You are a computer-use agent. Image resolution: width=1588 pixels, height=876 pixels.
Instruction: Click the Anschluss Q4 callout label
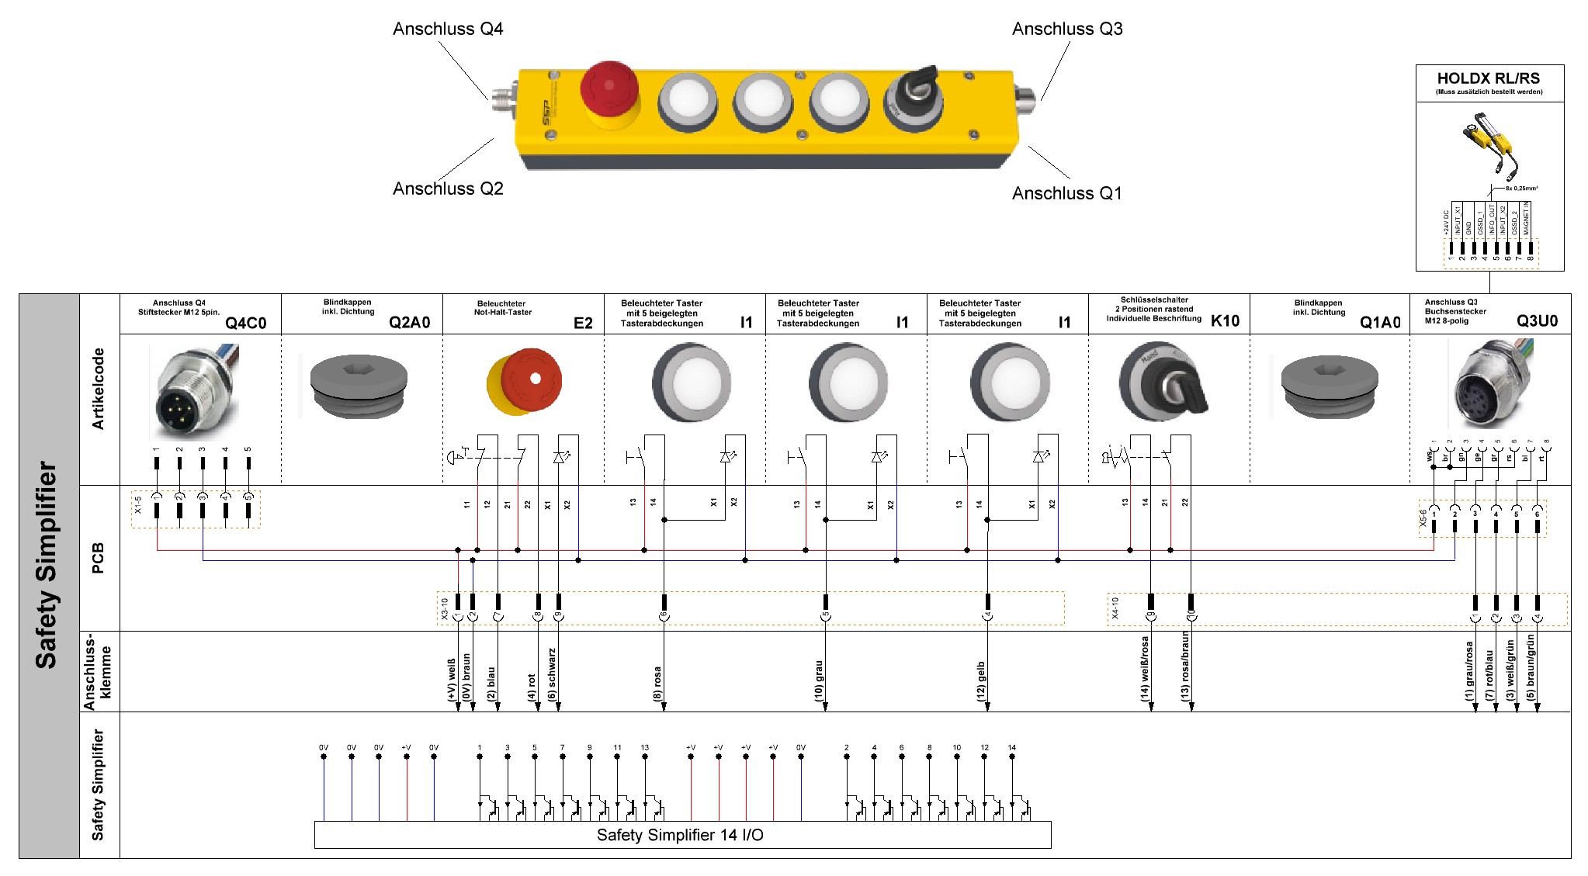coord(448,29)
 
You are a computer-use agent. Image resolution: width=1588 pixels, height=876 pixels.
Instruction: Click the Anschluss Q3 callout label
coord(1067,29)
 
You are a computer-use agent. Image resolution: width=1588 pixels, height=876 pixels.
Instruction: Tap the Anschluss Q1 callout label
coord(1066,193)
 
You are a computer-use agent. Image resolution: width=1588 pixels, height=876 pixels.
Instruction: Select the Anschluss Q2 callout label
coord(448,189)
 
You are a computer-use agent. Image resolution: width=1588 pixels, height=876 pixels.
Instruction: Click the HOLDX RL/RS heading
coord(1488,78)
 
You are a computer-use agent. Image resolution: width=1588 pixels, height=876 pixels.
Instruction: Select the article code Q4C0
coord(245,323)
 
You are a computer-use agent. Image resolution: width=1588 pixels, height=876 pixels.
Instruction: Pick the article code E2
coord(583,323)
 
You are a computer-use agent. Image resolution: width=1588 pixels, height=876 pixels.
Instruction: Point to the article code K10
coord(1225,321)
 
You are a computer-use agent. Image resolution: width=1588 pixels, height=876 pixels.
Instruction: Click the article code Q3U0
coord(1537,321)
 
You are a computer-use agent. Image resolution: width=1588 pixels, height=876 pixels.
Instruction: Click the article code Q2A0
coord(409,323)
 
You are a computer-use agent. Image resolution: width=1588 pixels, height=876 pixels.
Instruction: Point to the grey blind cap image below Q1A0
coord(1329,386)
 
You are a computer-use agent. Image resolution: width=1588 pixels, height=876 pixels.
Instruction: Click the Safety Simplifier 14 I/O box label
coord(680,835)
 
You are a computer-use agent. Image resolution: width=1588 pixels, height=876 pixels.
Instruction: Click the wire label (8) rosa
coord(657,684)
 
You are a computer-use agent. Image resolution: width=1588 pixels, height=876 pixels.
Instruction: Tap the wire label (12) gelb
coord(981,681)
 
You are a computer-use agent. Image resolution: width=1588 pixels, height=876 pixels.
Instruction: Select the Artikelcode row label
coord(99,389)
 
